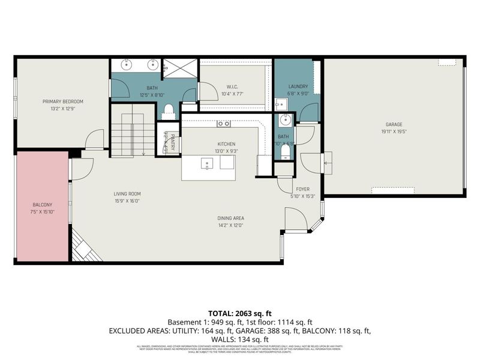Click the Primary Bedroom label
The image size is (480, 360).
click(x=62, y=101)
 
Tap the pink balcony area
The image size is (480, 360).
click(x=42, y=207)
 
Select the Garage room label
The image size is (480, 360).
click(x=394, y=125)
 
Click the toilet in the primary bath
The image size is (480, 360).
click(x=169, y=110)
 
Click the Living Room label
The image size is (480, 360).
click(x=127, y=194)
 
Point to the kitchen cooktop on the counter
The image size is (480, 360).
click(x=223, y=124)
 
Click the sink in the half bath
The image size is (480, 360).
click(x=285, y=119)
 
